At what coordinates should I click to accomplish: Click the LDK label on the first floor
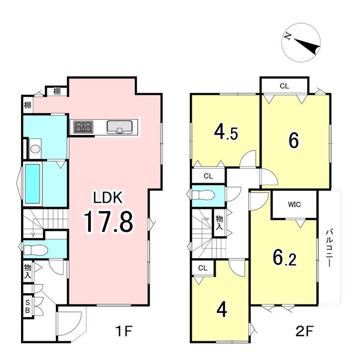pos(107,197)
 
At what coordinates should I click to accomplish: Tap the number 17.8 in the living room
pos(108,222)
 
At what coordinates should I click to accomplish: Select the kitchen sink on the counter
pos(120,127)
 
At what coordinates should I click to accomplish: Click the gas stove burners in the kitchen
pos(83,127)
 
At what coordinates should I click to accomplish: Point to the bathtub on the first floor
pos(32,184)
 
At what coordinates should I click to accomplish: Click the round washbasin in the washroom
pos(35,148)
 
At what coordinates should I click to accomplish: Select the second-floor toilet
pos(204,195)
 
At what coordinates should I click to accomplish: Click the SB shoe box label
pos(28,306)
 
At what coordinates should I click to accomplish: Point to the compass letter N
pos(288,36)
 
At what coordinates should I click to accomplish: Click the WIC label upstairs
pos(294,204)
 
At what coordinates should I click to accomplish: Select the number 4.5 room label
pos(226,132)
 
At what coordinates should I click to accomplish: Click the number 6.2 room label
pos(285,257)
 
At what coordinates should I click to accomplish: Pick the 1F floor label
pos(124,331)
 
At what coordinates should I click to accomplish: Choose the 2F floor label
pos(305,331)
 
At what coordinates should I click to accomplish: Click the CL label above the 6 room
pos(285,86)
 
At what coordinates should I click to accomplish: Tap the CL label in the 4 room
pos(203,268)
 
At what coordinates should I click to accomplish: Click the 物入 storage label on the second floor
pos(219,222)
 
